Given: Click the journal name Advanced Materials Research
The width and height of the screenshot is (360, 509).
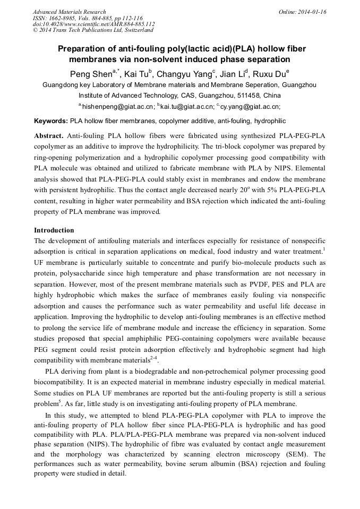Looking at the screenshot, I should pyautogui.click(x=69, y=12).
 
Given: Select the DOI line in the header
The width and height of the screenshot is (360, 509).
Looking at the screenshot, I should pyautogui.click(x=93, y=24).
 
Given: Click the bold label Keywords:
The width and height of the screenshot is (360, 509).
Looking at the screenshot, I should pyautogui.click(x=51, y=121).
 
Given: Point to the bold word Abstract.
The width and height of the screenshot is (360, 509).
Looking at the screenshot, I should pyautogui.click(x=49, y=136).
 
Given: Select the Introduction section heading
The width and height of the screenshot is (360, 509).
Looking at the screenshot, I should pyautogui.click(x=54, y=230).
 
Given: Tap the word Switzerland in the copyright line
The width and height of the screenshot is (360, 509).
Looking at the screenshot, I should pyautogui.click(x=138, y=30).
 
